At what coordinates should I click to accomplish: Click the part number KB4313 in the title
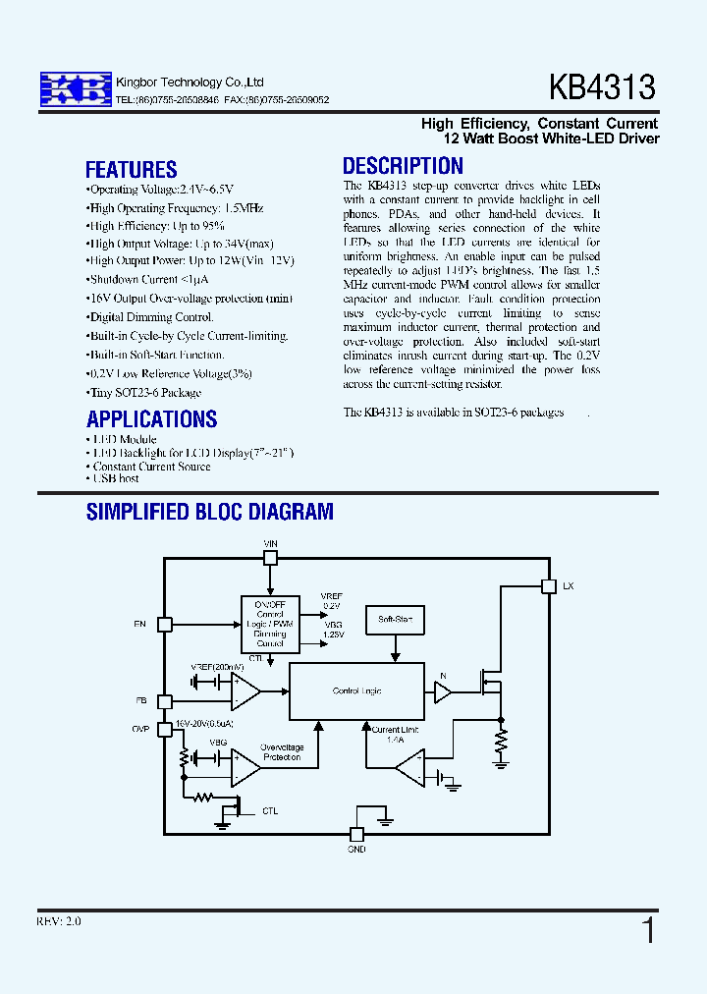point(602,88)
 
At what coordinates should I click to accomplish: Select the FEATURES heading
point(131,169)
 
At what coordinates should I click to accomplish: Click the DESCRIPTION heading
point(403,166)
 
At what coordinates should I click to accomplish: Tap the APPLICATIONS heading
point(151,418)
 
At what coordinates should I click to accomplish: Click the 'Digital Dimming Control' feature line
point(151,317)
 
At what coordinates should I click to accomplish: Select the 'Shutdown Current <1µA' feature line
point(147,279)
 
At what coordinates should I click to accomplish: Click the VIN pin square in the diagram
point(271,558)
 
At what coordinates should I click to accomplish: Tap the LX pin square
point(548,586)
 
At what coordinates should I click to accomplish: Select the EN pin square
point(165,624)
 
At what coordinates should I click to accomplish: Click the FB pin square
point(165,701)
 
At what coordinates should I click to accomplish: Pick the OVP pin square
point(165,729)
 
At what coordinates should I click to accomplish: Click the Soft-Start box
point(395,620)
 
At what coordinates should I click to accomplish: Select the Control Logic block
point(356,691)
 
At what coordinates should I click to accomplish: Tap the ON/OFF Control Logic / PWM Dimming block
point(270,624)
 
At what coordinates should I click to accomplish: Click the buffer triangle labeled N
point(442,692)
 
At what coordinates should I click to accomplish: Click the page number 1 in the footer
point(648,929)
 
